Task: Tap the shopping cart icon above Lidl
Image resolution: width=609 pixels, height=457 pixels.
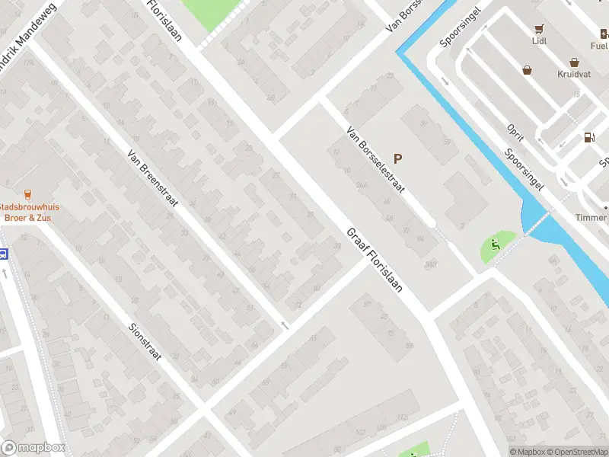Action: pos(539,30)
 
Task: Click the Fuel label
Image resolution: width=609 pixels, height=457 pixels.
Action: pos(599,45)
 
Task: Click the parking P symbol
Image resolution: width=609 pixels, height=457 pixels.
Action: pos(397,159)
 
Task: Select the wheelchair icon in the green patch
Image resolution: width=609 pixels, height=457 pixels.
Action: pos(495,245)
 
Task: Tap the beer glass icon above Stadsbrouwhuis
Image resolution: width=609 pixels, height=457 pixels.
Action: pos(28,194)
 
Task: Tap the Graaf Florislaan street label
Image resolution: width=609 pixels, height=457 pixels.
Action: pos(374,261)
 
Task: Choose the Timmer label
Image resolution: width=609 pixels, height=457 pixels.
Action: pos(591,218)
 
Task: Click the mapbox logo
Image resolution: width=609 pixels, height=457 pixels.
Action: pos(33,448)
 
